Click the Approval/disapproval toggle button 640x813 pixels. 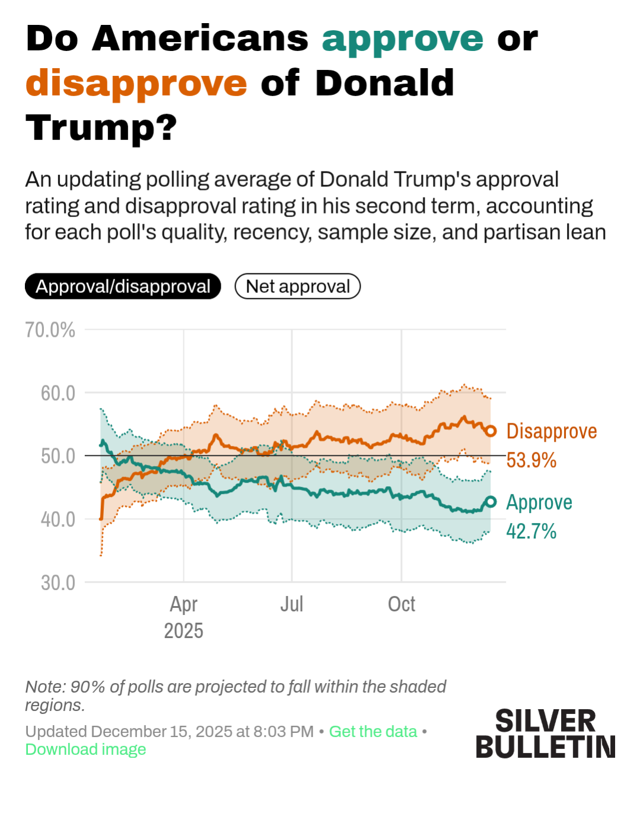[x=123, y=286]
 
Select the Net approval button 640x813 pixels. [x=298, y=286]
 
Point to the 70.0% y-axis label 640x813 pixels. [x=50, y=330]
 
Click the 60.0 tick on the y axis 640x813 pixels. [x=58, y=393]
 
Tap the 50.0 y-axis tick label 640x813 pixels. [x=58, y=456]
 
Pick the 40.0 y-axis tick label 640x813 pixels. [x=58, y=519]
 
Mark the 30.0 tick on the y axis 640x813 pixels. [x=58, y=583]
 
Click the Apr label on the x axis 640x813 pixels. [x=184, y=604]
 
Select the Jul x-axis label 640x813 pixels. [x=292, y=604]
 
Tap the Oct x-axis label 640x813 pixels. [x=402, y=604]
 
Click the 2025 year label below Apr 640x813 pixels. [x=184, y=631]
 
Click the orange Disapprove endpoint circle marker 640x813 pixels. [x=491, y=431]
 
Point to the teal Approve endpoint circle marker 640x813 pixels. [x=491, y=502]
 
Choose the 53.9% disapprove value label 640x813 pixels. [x=531, y=460]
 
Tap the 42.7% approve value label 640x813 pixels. [x=531, y=531]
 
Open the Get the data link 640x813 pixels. [x=373, y=732]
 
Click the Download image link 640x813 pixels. [x=85, y=750]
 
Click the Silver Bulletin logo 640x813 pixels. [x=546, y=734]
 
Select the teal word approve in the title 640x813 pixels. [x=403, y=39]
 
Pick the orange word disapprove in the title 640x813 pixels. [x=136, y=83]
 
